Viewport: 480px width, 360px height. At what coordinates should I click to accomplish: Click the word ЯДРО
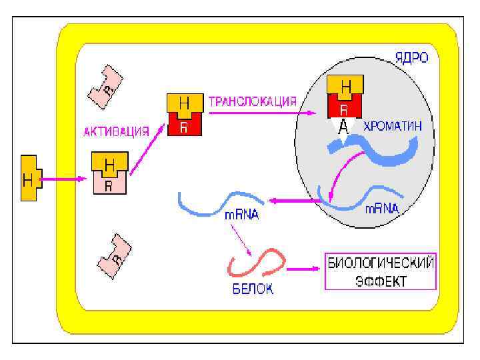point(409,59)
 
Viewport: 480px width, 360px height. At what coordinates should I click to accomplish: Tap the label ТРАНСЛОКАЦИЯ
point(253,102)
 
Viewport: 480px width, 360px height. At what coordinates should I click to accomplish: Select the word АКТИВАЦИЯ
point(116,131)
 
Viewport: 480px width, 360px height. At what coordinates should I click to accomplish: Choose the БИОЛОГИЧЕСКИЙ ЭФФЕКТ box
point(380,272)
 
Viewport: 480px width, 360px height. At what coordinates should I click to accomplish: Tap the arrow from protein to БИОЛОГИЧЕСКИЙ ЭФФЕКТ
point(303,269)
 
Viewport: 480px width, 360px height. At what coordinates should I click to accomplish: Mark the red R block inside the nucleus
point(344,108)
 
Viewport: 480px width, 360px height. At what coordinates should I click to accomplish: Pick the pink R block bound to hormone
point(109,184)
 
